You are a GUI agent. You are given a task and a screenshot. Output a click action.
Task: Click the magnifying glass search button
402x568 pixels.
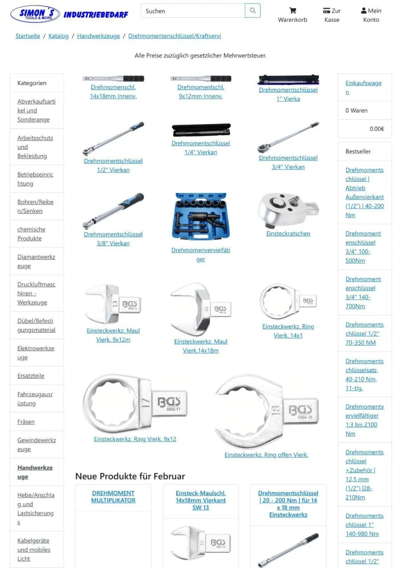click(252, 11)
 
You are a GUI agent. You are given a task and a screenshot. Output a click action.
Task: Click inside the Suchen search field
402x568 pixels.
click(193, 11)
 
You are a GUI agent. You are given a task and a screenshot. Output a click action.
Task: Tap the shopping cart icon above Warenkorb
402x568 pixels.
click(292, 11)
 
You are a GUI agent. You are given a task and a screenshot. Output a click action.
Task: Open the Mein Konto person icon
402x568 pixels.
click(364, 11)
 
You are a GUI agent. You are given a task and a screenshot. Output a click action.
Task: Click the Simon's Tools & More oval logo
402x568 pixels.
click(35, 14)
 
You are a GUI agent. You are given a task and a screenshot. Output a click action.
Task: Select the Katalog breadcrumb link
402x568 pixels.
click(58, 36)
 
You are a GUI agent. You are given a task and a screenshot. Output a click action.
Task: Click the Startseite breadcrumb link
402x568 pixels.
click(28, 36)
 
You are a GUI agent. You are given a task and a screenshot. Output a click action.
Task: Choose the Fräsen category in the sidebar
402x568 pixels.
click(26, 422)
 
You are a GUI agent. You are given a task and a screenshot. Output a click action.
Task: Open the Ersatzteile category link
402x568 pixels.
click(31, 376)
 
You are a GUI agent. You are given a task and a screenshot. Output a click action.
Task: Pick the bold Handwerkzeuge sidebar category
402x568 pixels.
click(35, 472)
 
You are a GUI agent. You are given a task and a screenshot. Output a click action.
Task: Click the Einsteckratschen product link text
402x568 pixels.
click(288, 233)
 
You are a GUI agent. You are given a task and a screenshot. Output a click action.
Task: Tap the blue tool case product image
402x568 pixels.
click(201, 216)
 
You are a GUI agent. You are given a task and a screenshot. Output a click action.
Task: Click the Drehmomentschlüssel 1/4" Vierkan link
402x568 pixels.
click(201, 148)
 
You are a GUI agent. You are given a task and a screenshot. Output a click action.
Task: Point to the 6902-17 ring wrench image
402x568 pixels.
click(135, 403)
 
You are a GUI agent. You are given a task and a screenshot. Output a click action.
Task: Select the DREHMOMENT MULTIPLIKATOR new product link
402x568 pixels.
click(113, 496)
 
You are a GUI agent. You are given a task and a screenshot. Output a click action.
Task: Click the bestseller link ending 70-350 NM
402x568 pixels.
click(364, 333)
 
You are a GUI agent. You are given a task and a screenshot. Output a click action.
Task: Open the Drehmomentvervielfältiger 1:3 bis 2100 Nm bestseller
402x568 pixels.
click(365, 420)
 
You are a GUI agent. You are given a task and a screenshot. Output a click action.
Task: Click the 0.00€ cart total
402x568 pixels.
click(376, 129)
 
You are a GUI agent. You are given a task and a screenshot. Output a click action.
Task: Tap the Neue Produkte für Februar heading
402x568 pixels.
click(130, 476)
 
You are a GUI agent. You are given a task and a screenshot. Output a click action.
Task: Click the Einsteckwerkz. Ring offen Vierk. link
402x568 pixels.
click(266, 455)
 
